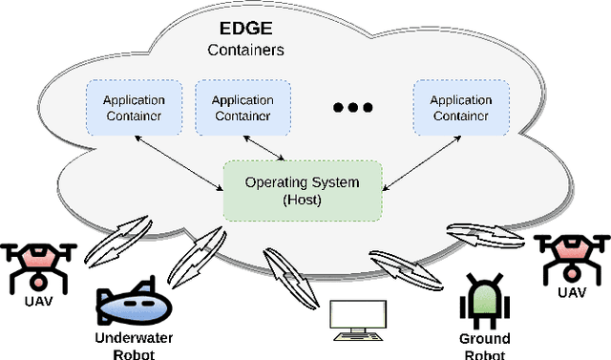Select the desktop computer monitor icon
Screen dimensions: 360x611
pos(357,321)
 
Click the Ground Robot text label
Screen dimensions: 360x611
pos(485,346)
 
